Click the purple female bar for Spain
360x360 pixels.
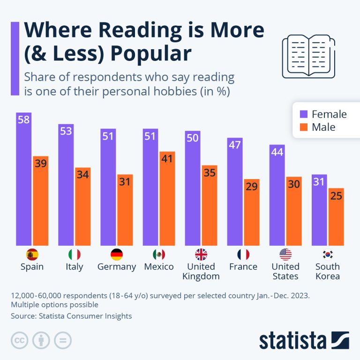click(23, 183)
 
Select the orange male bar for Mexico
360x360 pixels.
click(167, 202)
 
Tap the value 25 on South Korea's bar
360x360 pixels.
click(336, 196)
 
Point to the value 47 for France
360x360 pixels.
click(234, 144)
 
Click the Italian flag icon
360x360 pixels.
click(74, 255)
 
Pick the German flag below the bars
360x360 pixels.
click(117, 255)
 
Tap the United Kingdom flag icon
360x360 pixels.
click(201, 255)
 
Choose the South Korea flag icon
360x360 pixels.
click(327, 255)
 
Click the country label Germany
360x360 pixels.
click(117, 267)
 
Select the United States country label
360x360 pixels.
click(285, 271)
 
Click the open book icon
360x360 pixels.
click(308, 56)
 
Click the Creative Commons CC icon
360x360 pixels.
click(20, 340)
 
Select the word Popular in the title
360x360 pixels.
click(151, 54)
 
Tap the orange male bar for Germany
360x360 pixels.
click(125, 210)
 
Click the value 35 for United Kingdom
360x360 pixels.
click(209, 172)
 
